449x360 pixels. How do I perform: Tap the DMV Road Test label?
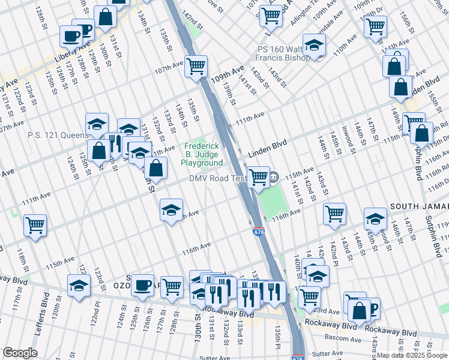click(217, 178)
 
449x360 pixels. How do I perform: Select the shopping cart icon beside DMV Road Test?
click(258, 177)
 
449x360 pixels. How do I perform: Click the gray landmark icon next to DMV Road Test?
click(274, 176)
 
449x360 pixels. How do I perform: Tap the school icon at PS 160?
click(313, 45)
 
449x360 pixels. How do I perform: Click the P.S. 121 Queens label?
click(58, 135)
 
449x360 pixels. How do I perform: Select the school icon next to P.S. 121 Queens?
click(97, 124)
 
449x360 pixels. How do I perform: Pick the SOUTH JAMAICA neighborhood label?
click(419, 206)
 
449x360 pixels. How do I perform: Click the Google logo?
click(20, 352)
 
